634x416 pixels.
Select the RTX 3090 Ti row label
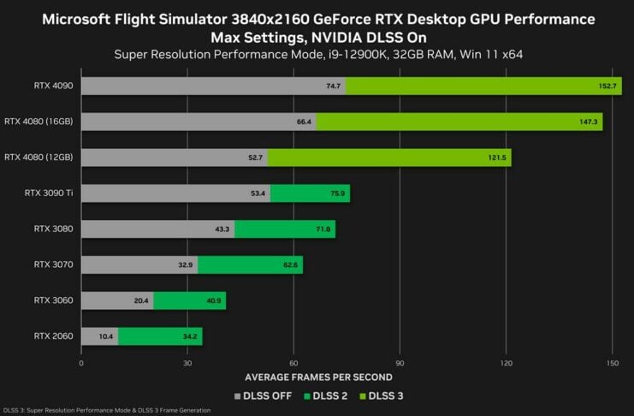(50, 193)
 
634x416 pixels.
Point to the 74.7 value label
(333, 86)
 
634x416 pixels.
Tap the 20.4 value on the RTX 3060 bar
(139, 301)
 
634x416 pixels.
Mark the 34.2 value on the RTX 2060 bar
(189, 336)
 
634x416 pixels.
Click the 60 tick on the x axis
(293, 362)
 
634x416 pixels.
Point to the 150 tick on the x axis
(612, 362)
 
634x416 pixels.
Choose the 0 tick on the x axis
(81, 362)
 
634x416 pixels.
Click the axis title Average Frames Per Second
(317, 377)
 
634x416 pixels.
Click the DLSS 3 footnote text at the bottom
(106, 411)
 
